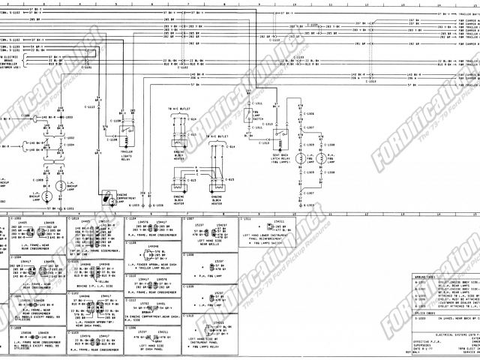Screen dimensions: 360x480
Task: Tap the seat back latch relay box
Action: (280, 138)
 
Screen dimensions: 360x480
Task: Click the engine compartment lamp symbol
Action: (110, 198)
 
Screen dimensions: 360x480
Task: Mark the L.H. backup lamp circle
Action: (47, 196)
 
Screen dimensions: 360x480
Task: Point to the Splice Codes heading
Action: (424, 313)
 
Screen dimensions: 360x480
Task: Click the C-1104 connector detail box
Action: (151, 228)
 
